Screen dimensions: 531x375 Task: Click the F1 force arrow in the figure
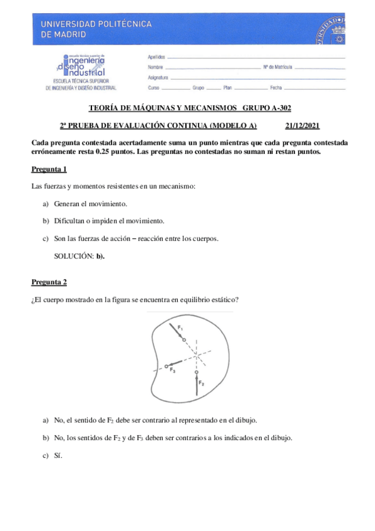(x=177, y=334)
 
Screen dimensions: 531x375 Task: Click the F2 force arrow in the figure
(x=197, y=385)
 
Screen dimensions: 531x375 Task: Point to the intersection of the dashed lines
(x=197, y=355)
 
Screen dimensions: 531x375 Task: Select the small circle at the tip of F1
(x=183, y=340)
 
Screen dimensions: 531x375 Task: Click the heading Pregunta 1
(x=49, y=170)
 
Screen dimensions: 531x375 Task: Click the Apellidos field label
(x=157, y=57)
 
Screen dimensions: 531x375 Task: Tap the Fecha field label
(x=277, y=88)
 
